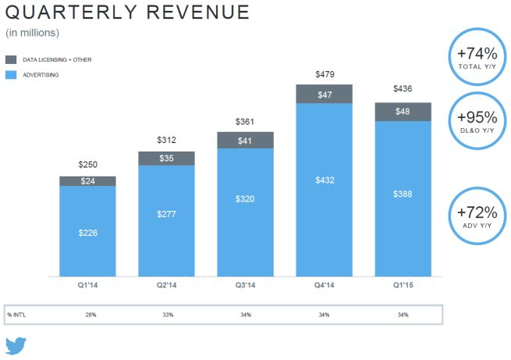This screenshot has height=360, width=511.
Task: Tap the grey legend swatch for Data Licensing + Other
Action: click(11, 59)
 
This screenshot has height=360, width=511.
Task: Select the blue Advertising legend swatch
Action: click(11, 75)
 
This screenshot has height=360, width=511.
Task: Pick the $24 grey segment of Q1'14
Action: click(87, 181)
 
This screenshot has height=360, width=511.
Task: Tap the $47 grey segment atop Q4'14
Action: click(324, 94)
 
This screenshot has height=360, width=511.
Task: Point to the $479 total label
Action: click(324, 74)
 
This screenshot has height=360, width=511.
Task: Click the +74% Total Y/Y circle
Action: click(477, 56)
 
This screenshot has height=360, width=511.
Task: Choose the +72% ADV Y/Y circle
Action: click(477, 216)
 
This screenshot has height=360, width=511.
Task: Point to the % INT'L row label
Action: click(16, 314)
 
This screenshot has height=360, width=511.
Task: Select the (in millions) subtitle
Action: click(33, 33)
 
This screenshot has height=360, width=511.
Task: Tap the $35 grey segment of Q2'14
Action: click(166, 158)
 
